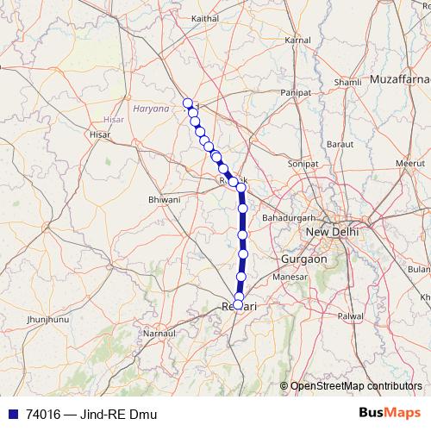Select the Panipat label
[x=296, y=92]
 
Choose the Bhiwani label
[x=164, y=199]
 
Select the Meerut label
[x=405, y=162]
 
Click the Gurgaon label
[x=303, y=259]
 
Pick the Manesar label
[x=290, y=277]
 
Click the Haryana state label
[x=152, y=109]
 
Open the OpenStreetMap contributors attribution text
[x=356, y=385]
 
